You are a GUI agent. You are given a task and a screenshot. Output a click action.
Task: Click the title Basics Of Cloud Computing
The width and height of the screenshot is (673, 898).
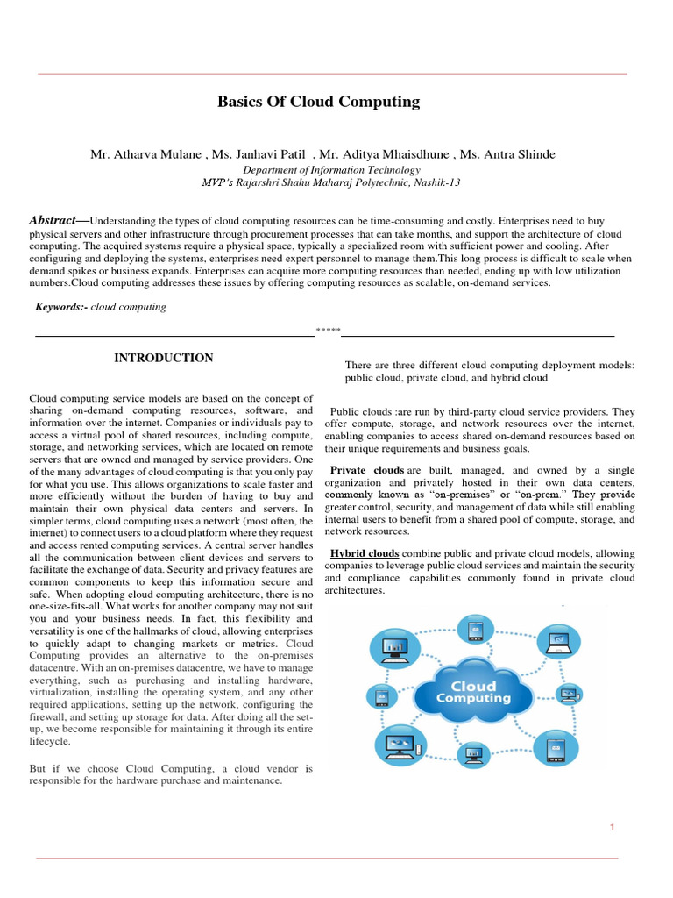click(x=318, y=102)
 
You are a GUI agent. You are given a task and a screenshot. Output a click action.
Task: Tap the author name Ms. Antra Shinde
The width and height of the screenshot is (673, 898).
click(x=516, y=154)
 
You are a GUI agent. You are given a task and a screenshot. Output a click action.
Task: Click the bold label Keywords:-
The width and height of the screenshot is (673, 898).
click(x=61, y=307)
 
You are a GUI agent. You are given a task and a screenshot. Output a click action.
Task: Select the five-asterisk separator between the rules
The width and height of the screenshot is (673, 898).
click(x=328, y=331)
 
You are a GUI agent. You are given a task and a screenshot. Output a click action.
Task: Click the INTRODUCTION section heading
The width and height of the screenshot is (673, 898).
click(x=164, y=358)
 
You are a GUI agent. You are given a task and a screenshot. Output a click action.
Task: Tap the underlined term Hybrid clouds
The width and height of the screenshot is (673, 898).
click(x=365, y=553)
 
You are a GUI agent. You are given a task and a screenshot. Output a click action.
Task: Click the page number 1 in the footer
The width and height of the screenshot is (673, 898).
click(x=613, y=827)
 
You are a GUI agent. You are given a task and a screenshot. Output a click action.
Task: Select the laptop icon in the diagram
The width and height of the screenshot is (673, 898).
click(x=558, y=644)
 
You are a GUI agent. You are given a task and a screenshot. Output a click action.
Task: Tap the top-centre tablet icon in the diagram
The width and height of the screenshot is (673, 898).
click(x=476, y=630)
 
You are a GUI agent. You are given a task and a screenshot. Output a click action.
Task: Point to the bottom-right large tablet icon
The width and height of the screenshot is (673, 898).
click(x=554, y=748)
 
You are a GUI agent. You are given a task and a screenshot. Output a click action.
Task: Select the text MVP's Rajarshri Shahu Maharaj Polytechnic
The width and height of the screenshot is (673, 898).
click(x=331, y=182)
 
